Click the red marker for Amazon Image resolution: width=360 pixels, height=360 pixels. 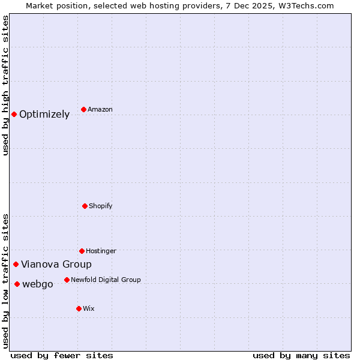pyautogui.click(x=83, y=109)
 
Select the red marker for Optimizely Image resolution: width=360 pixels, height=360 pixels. pyautogui.click(x=14, y=114)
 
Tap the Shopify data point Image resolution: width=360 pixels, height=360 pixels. pyautogui.click(x=85, y=206)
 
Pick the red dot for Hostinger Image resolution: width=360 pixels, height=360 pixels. pyautogui.click(x=82, y=251)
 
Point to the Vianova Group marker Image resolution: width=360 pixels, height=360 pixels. pyautogui.click(x=16, y=264)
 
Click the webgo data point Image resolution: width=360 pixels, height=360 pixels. pyautogui.click(x=17, y=284)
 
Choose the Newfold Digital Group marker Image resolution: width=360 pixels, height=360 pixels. pyautogui.click(x=67, y=280)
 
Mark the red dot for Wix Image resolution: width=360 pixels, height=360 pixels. pyautogui.click(x=79, y=308)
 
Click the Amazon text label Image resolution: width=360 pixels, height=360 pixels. pyautogui.click(x=100, y=109)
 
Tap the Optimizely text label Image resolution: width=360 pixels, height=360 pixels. pyautogui.click(x=44, y=115)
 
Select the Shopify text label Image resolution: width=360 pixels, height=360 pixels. pyautogui.click(x=101, y=206)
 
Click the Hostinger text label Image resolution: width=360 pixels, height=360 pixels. pyautogui.click(x=101, y=251)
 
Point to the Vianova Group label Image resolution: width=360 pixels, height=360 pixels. pyautogui.click(x=56, y=264)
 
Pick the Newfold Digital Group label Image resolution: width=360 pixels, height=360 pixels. pyautogui.click(x=106, y=280)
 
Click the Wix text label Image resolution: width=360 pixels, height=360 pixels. pyautogui.click(x=89, y=308)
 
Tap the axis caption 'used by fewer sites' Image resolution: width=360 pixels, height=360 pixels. pyautogui.click(x=62, y=355)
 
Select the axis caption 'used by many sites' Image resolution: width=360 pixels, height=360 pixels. pyautogui.click(x=301, y=355)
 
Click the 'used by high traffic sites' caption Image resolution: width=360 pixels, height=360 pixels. pyautogui.click(x=5, y=85)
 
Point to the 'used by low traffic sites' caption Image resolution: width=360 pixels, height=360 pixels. pyautogui.click(x=5, y=280)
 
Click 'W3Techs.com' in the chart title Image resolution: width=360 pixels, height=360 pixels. pyautogui.click(x=305, y=5)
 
